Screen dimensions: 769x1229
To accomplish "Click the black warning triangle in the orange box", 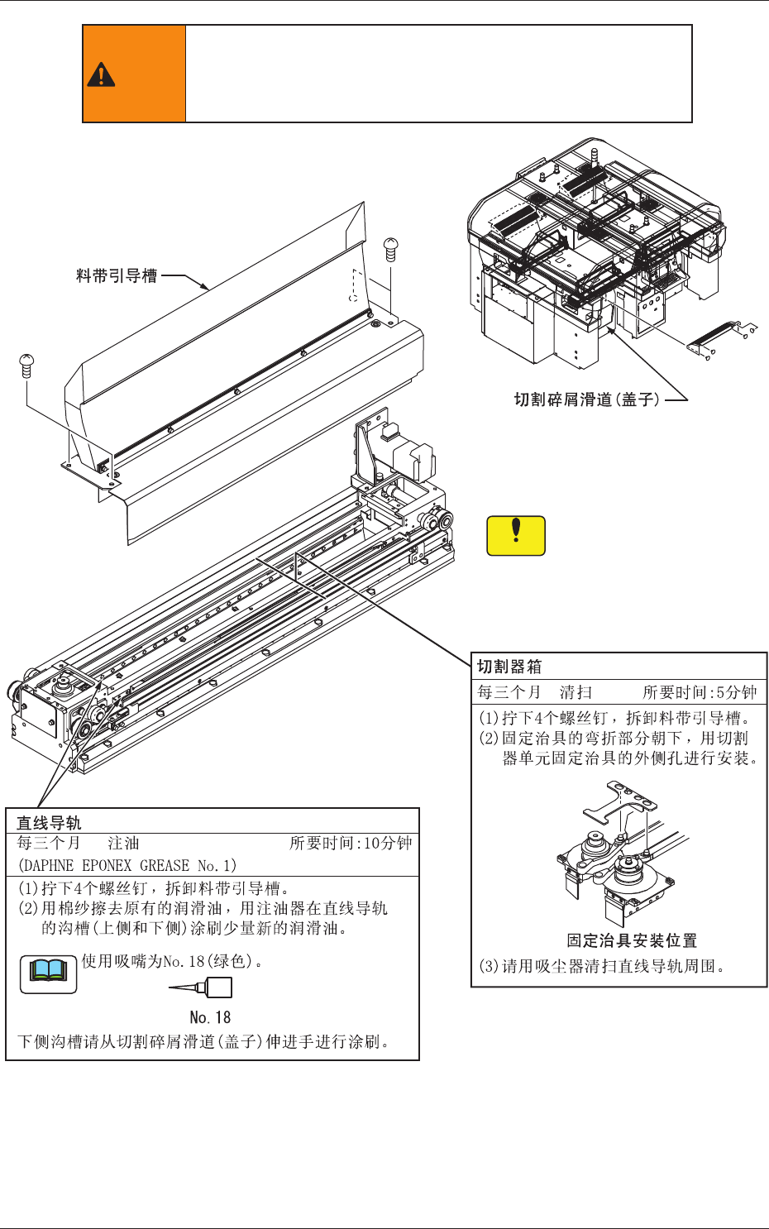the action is pyautogui.click(x=101, y=74).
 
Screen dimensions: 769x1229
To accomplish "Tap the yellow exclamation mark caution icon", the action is pyautogui.click(x=516, y=534).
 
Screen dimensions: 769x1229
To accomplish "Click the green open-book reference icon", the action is pyautogui.click(x=48, y=973).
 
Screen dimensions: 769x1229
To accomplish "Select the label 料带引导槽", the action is pyautogui.click(x=117, y=276).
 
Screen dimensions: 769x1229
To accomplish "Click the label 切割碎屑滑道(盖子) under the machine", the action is pyautogui.click(x=586, y=399).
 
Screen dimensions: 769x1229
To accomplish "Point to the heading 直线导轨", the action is pyautogui.click(x=50, y=823).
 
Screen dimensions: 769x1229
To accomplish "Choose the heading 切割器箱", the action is pyautogui.click(x=509, y=667).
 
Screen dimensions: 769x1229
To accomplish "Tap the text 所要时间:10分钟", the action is pyautogui.click(x=351, y=844).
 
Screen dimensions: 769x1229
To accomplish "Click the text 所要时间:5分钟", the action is pyautogui.click(x=700, y=692).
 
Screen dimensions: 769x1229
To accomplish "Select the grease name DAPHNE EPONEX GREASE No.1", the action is pyautogui.click(x=127, y=866).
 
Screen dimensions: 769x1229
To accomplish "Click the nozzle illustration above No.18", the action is pyautogui.click(x=202, y=988).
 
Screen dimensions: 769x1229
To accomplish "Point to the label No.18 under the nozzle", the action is pyautogui.click(x=210, y=1017).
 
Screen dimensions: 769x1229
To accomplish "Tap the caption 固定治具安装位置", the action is pyautogui.click(x=632, y=940).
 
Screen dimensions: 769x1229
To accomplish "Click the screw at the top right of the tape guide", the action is pyautogui.click(x=391, y=247).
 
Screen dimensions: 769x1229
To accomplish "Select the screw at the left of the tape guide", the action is pyautogui.click(x=26, y=365).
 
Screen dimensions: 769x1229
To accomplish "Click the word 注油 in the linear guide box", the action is pyautogui.click(x=124, y=844).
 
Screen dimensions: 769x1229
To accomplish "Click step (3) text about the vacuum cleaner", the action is pyautogui.click(x=602, y=966).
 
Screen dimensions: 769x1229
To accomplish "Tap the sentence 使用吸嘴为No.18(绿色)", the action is pyautogui.click(x=171, y=961).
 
